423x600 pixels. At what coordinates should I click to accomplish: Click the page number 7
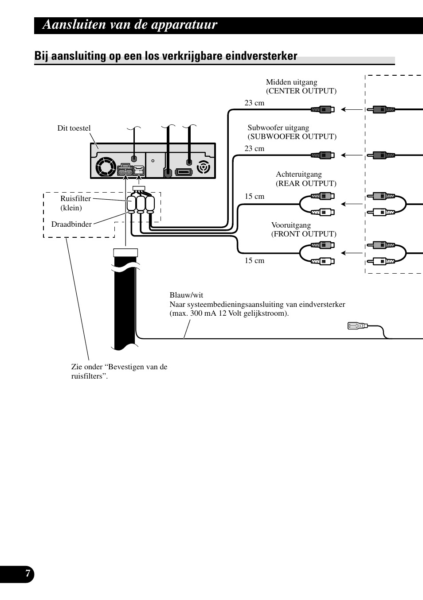(27, 573)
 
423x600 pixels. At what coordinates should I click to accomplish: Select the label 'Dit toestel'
(74, 128)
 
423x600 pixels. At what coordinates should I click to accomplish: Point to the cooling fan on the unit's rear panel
(106, 166)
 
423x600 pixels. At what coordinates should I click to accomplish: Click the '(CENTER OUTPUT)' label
(301, 91)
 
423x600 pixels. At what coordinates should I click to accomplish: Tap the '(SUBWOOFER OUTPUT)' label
(292, 137)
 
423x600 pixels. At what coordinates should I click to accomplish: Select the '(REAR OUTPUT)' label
(306, 183)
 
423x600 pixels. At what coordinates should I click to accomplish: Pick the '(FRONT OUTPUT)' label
(304, 234)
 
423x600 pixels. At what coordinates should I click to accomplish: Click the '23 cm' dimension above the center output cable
(254, 103)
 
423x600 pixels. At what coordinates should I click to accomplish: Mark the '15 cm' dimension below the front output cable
(254, 260)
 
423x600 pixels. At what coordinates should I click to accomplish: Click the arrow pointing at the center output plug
(352, 109)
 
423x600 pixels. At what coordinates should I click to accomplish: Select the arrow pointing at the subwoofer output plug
(352, 155)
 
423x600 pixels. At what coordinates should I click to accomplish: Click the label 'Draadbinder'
(72, 224)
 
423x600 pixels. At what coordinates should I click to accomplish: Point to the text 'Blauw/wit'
(186, 295)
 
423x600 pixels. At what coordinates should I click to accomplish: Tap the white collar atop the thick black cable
(125, 252)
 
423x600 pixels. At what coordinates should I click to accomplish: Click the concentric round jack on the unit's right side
(204, 167)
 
